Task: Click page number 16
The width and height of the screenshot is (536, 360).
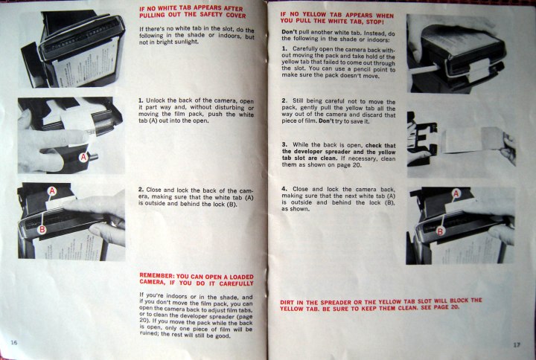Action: click(14, 342)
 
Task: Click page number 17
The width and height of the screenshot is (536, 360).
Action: click(517, 344)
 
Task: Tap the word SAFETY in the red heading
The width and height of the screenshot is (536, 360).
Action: click(211, 15)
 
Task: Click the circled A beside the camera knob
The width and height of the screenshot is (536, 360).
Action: click(83, 158)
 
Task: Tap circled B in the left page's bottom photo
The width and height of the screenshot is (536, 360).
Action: click(42, 229)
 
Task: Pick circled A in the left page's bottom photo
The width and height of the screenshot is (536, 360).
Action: click(52, 190)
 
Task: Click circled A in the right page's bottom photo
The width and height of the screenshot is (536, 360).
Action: click(456, 193)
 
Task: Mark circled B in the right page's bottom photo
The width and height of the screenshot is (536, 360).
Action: click(440, 231)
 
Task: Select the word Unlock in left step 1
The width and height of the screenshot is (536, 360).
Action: click(155, 100)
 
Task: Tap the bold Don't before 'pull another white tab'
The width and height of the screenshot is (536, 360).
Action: click(289, 32)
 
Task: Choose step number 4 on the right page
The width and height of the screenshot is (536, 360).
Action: click(284, 189)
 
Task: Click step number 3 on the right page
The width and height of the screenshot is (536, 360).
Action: click(284, 145)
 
